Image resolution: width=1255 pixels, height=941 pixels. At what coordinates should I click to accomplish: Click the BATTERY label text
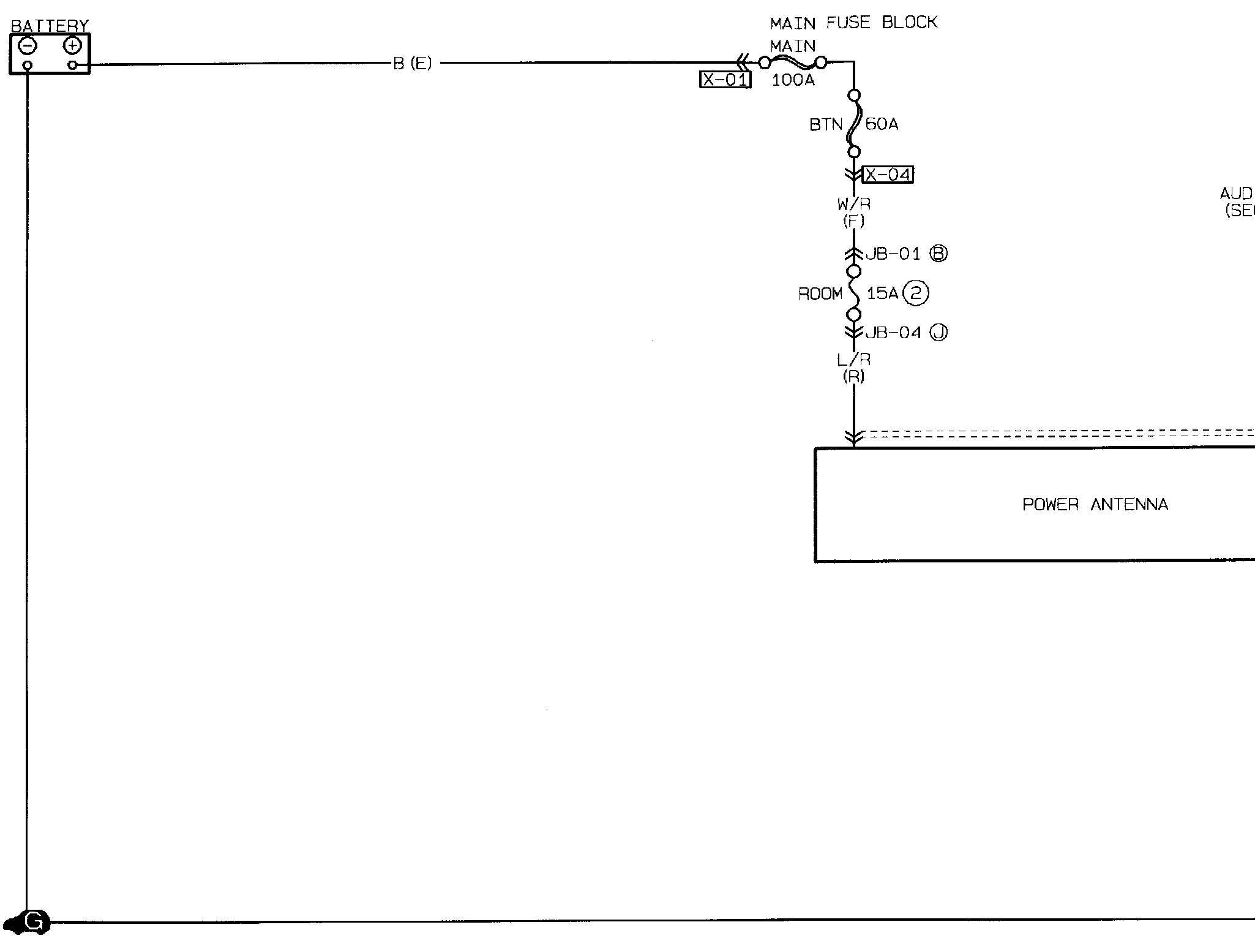[x=50, y=26]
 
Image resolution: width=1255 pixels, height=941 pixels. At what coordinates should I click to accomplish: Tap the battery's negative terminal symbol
[x=28, y=46]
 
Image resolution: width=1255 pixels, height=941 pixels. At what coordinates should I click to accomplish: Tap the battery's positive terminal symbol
[x=72, y=45]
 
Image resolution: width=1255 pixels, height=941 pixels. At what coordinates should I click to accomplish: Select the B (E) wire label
[x=412, y=63]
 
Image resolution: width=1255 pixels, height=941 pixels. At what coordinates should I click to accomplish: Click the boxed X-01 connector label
[x=725, y=80]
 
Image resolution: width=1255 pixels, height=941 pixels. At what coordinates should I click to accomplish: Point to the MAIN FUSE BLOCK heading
[x=853, y=23]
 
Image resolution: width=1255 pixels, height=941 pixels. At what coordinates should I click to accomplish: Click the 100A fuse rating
[x=793, y=80]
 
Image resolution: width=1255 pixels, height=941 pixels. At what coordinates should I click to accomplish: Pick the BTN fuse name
[x=826, y=124]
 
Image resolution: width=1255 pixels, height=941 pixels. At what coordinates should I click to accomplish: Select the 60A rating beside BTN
[x=882, y=124]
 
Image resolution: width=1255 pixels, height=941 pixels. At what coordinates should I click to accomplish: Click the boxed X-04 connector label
[x=888, y=175]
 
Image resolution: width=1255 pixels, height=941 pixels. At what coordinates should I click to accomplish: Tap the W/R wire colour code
[x=854, y=204]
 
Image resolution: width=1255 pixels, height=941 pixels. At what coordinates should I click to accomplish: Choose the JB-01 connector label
[x=893, y=254]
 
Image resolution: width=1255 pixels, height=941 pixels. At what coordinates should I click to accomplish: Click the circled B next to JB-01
[x=938, y=254]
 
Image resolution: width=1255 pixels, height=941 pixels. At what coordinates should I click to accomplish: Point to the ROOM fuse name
[x=820, y=294]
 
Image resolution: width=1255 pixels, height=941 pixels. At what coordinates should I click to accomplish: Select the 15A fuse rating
[x=882, y=293]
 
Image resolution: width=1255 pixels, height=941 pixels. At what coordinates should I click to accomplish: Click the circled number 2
[x=916, y=293]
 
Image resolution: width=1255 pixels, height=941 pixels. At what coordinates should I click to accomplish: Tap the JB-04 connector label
[x=893, y=333]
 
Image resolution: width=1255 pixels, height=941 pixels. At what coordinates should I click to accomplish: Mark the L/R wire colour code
[x=854, y=360]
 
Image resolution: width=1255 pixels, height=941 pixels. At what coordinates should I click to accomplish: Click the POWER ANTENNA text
[x=1095, y=505]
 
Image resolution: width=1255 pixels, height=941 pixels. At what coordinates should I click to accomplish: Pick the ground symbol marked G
[x=34, y=921]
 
